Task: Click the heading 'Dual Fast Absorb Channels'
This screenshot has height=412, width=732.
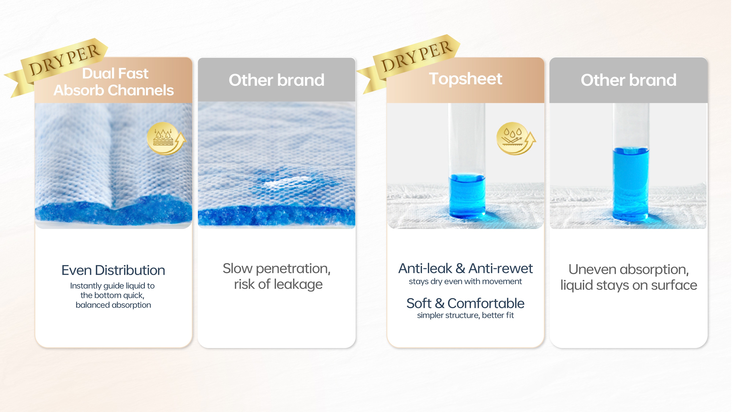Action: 114,82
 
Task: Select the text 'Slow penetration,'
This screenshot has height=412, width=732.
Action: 277,269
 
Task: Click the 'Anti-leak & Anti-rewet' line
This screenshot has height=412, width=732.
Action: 465,268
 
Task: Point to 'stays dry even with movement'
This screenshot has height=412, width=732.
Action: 465,281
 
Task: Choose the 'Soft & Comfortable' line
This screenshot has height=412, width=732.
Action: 465,303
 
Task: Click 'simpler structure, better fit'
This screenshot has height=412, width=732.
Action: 465,315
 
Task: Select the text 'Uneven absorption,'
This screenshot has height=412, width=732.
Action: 629,270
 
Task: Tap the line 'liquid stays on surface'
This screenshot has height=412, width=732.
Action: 629,285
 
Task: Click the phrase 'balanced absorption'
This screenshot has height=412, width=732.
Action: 113,305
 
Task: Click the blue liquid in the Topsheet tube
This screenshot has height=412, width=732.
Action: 467,196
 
